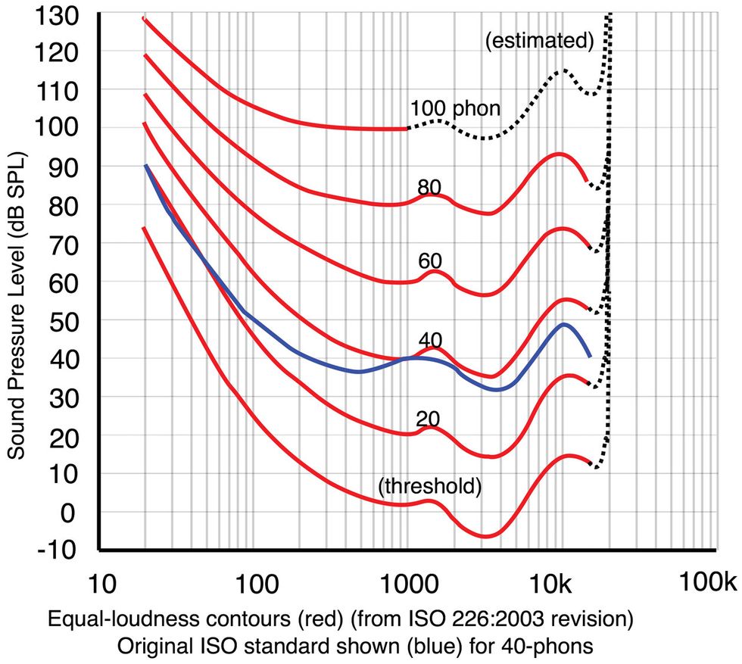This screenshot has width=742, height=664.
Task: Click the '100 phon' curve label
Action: [455, 108]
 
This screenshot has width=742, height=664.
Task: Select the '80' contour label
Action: [429, 187]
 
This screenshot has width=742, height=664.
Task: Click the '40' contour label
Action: [429, 340]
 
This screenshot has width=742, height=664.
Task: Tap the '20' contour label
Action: [428, 419]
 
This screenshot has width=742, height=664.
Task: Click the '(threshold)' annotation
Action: [429, 486]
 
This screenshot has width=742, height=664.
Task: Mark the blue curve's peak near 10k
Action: [564, 325]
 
